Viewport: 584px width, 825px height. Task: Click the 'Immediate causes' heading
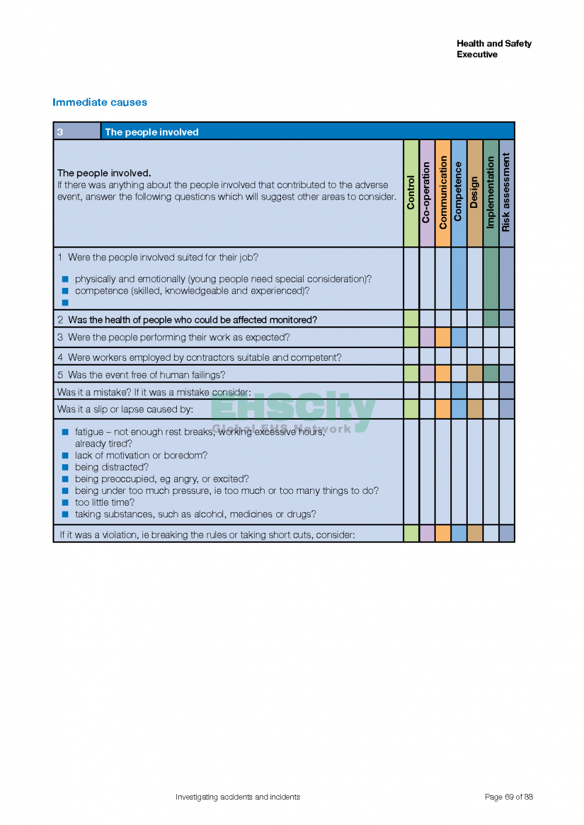[x=100, y=102]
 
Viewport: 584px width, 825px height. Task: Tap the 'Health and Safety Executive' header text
[x=493, y=49]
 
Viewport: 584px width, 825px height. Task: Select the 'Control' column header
[x=411, y=193]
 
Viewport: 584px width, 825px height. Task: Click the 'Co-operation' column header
[x=427, y=193]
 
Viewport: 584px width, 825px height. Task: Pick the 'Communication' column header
[x=443, y=193]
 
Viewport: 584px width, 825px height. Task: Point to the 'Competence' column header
[x=458, y=193]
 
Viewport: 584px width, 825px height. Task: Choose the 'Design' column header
[x=474, y=193]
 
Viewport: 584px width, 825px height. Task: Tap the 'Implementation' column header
[x=491, y=193]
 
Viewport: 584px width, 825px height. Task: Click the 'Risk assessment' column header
[x=506, y=193]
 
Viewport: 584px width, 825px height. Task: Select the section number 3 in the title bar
[x=60, y=132]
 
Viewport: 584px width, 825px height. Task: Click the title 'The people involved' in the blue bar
[x=152, y=132]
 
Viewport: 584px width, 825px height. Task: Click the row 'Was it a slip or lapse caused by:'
[x=125, y=409]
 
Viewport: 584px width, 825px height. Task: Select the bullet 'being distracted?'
[x=112, y=467]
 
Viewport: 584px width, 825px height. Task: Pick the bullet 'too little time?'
[x=105, y=502]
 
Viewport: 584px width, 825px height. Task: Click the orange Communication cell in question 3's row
[x=443, y=337]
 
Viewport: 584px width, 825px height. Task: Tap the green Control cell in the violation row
[x=411, y=534]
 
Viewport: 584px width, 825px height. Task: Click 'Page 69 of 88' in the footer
[x=509, y=797]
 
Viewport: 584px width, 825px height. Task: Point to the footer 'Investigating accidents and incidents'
[x=238, y=797]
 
